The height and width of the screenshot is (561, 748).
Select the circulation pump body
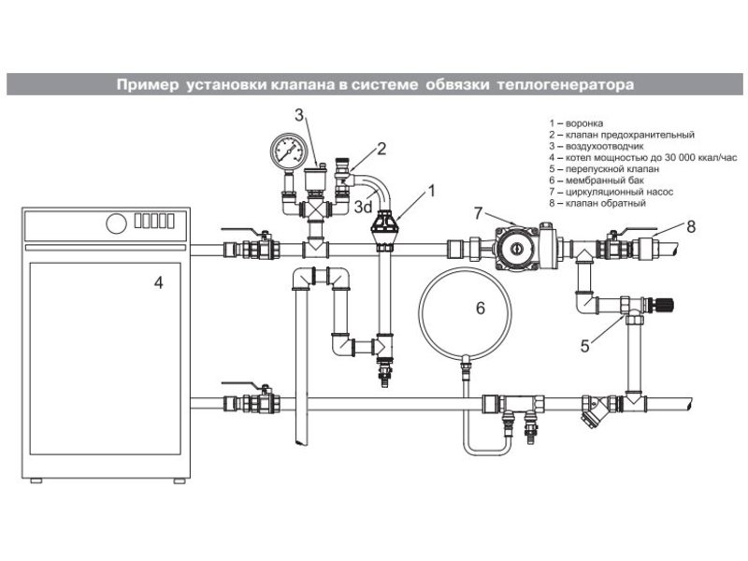coord(515,248)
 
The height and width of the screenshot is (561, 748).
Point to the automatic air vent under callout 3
coord(314,179)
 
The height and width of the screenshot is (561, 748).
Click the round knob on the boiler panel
coord(116,223)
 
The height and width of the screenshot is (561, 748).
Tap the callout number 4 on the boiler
coord(158,283)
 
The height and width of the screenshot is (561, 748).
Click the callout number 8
coord(691,226)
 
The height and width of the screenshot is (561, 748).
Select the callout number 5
coord(585,346)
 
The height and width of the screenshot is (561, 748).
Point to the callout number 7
coord(479,213)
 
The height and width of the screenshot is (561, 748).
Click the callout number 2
coord(381,149)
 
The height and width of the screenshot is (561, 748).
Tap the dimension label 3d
coord(363,207)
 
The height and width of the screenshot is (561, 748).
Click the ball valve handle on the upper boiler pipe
coord(245,232)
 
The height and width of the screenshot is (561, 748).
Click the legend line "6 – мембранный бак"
coord(597,180)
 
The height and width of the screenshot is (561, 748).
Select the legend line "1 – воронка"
coord(576,123)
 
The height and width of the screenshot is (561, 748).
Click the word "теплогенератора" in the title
coord(566,85)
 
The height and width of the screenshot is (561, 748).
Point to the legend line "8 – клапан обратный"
coord(597,203)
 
